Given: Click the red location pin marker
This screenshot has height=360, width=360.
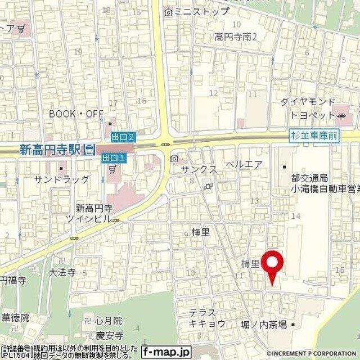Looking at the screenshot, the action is (x=273, y=264).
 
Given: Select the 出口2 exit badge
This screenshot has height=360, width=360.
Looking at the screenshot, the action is (x=123, y=137).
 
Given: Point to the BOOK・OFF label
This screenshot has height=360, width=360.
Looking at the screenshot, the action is (x=76, y=114).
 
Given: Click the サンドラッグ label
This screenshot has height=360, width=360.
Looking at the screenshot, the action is (x=61, y=179).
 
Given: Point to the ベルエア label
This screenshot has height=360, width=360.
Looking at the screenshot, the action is (x=244, y=164).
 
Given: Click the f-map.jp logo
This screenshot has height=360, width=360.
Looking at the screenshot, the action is (x=166, y=352).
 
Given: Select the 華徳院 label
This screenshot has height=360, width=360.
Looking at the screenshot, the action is (x=15, y=318).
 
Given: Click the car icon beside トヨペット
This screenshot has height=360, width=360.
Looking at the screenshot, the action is (x=341, y=115).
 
